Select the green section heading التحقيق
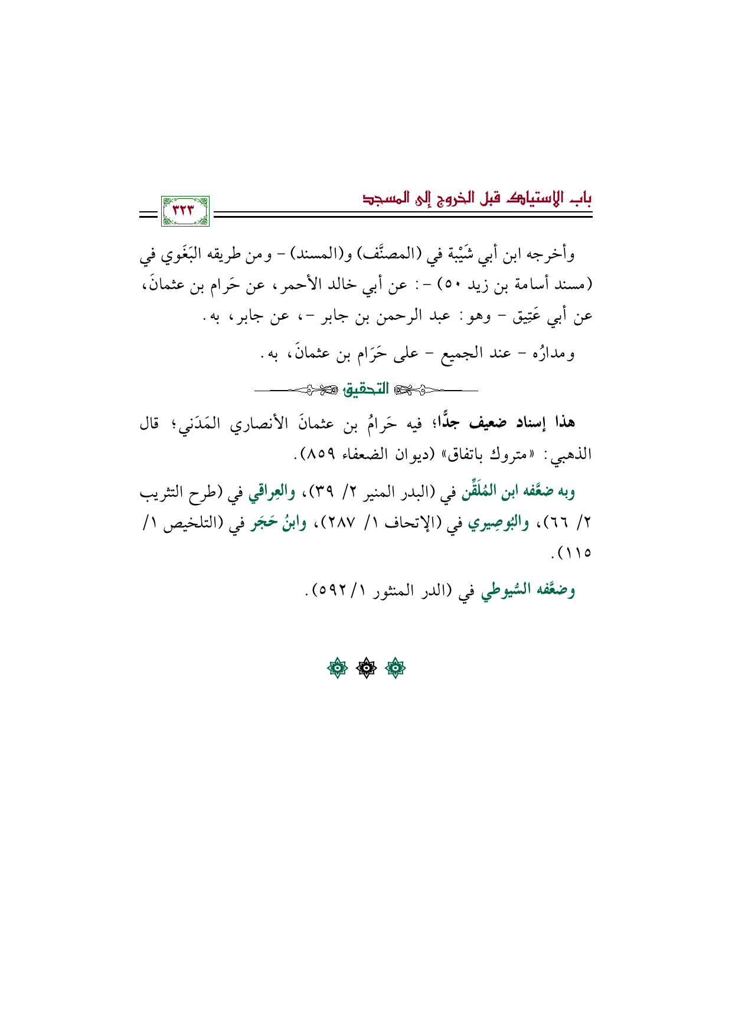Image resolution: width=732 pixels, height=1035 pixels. pos(367,389)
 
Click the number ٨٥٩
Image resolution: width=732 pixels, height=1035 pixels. pos(322,454)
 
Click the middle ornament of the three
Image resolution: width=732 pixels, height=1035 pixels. pos(366,669)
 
